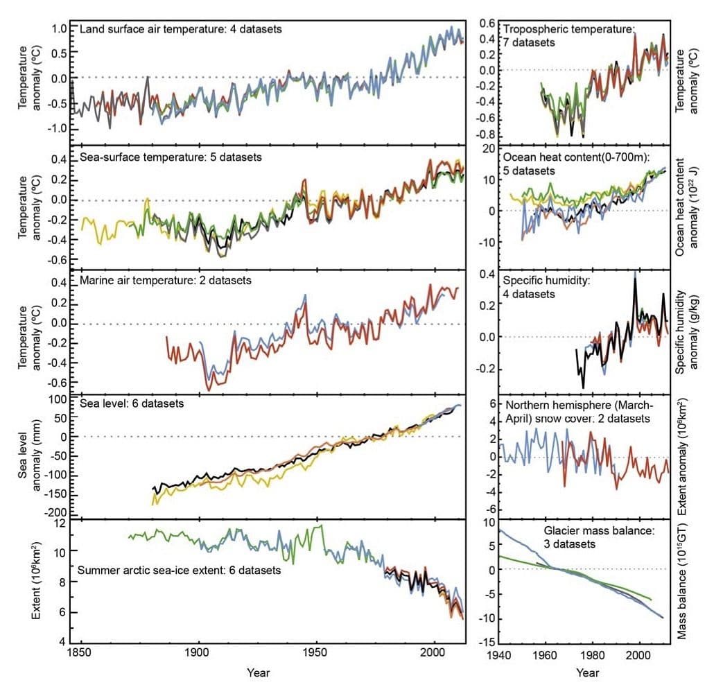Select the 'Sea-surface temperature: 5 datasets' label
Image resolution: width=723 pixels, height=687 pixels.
[171, 157]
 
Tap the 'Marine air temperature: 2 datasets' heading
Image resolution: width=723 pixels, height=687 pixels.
[166, 280]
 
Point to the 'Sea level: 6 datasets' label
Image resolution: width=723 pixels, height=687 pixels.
[132, 403]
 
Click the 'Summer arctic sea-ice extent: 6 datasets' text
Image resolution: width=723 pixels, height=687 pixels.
[180, 571]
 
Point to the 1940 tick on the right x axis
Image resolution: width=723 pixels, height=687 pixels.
[498, 654]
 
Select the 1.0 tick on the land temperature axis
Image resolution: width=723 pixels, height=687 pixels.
[59, 29]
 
